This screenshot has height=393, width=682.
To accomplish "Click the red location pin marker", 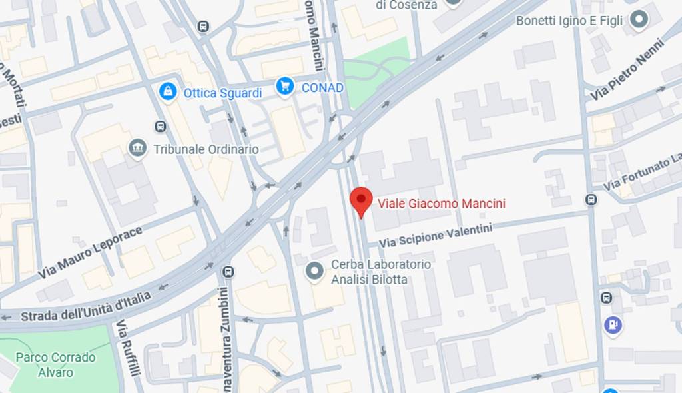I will click(361, 200).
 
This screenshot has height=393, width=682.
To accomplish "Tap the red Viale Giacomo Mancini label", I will click(442, 204).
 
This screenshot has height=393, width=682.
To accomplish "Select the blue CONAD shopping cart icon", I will click(285, 87).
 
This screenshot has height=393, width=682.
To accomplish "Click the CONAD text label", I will click(322, 88).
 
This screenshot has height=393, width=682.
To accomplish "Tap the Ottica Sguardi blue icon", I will click(168, 92).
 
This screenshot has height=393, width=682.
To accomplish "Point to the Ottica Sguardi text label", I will click(222, 93).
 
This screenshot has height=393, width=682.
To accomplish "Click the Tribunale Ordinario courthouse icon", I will click(138, 149).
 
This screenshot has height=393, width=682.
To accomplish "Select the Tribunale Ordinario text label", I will click(206, 149).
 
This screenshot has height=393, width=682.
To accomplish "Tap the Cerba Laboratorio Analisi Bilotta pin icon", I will click(314, 271).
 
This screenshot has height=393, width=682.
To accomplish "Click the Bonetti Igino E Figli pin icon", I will click(639, 20).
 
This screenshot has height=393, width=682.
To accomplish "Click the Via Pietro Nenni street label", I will click(627, 71).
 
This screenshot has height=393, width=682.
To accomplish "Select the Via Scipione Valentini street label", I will click(436, 237).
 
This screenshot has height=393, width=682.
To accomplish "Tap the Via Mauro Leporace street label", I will click(90, 253).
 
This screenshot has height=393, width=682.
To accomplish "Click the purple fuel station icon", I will click(612, 325).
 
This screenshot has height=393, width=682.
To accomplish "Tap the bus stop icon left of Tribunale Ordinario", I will click(160, 126).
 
